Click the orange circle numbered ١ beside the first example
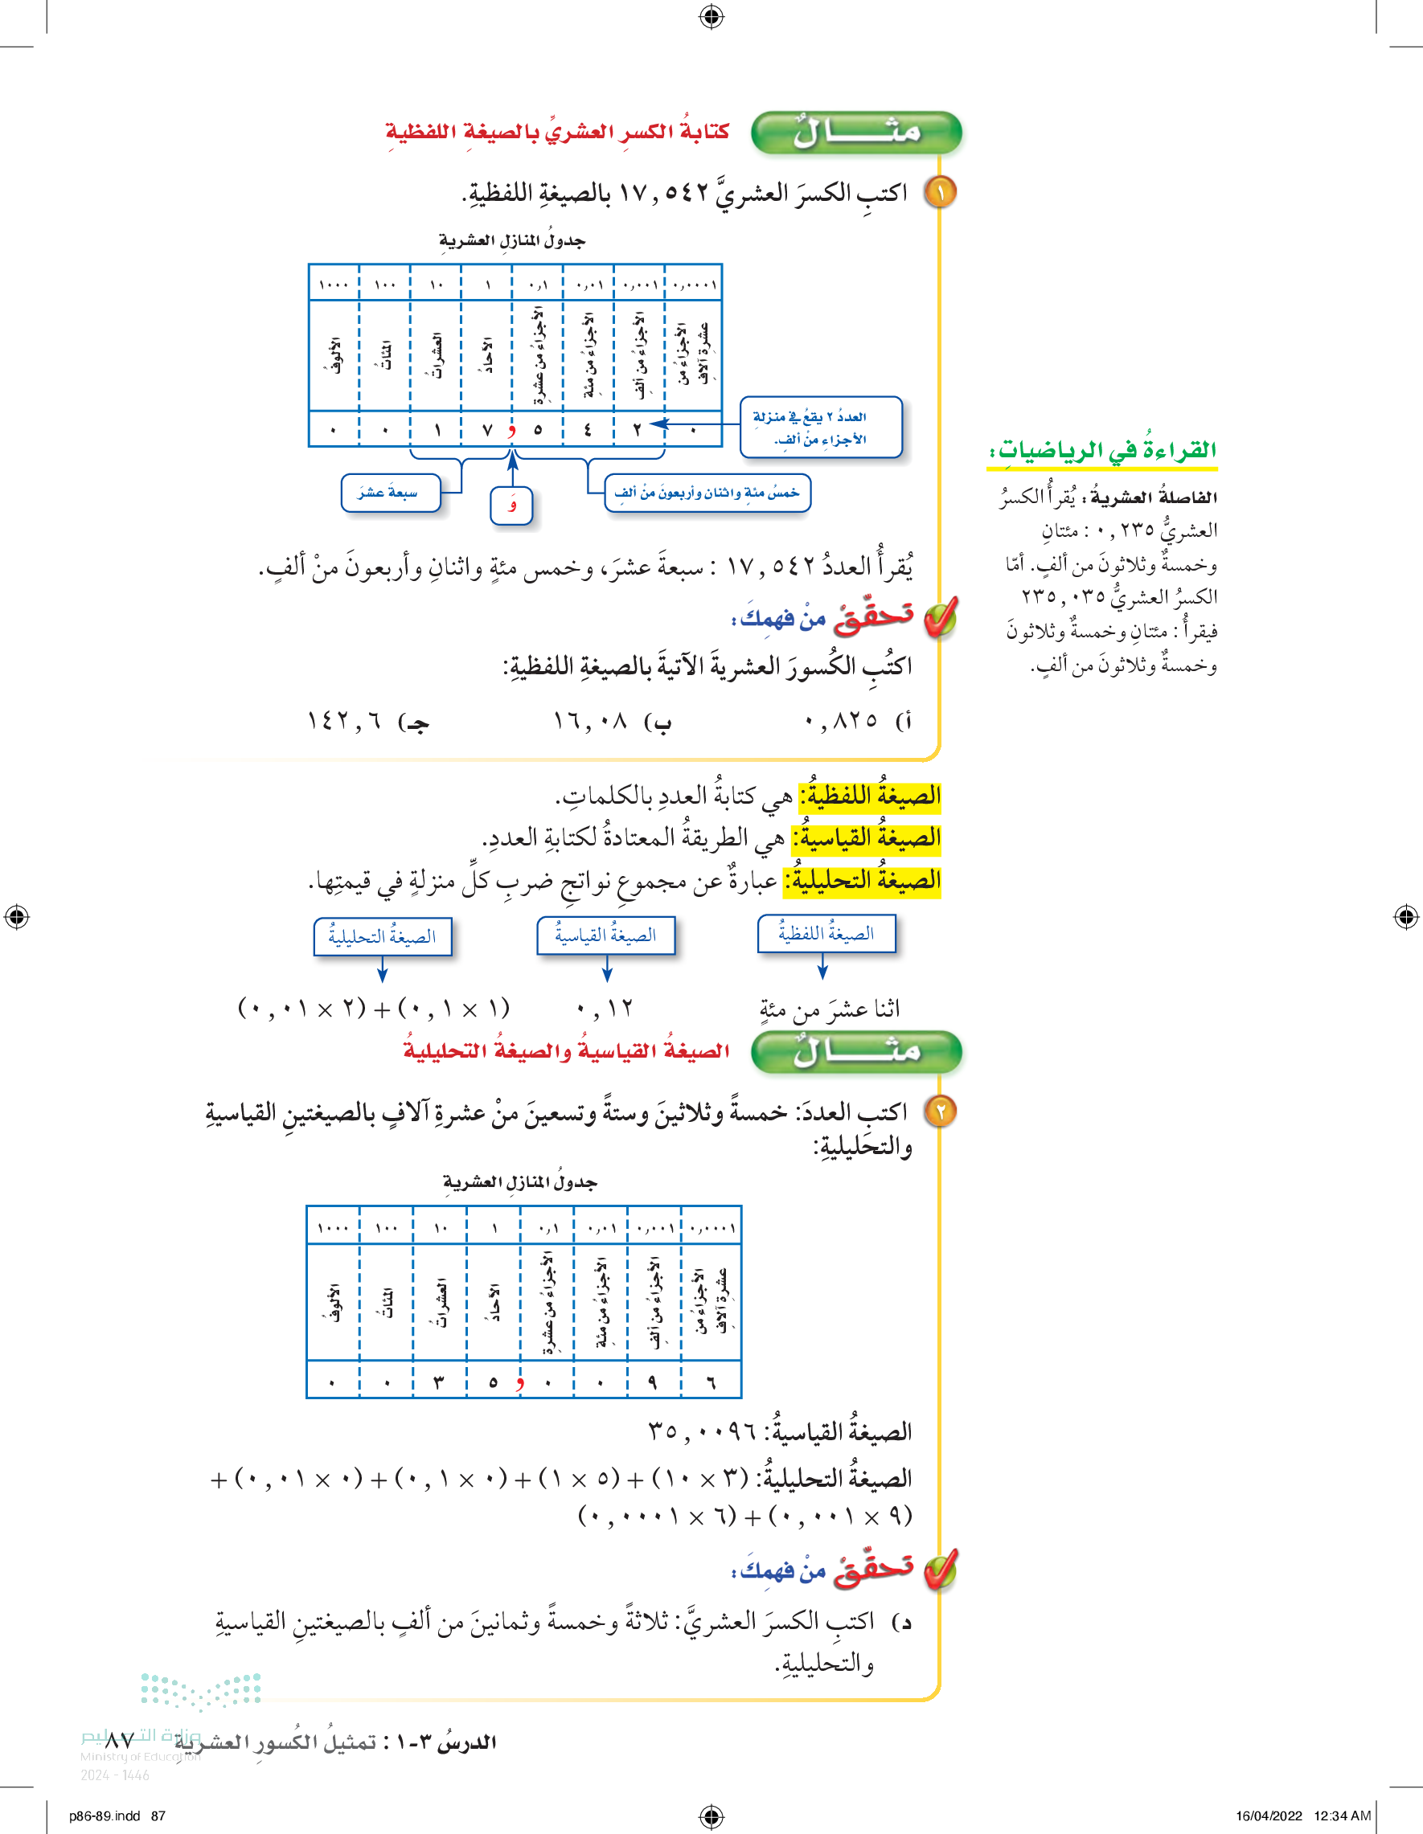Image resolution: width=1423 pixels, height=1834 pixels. (940, 192)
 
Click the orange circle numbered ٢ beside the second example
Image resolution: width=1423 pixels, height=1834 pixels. (940, 1111)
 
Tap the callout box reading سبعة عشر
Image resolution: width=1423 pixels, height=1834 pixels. (390, 493)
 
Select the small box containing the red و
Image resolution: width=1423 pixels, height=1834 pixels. (511, 506)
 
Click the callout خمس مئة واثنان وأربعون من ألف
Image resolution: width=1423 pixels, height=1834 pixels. (707, 493)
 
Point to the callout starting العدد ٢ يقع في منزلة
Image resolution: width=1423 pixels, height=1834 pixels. (820, 428)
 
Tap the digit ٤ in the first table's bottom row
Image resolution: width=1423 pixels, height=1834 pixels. (588, 430)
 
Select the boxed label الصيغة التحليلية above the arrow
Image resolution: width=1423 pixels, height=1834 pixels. (383, 936)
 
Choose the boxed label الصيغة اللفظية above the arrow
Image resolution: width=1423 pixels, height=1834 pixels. (826, 934)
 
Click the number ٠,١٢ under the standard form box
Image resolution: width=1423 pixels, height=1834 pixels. (605, 1008)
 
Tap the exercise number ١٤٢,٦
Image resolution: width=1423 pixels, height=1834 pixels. (344, 720)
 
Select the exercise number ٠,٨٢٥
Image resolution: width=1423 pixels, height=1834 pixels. (840, 720)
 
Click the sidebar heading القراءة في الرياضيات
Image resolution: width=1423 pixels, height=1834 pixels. (1104, 451)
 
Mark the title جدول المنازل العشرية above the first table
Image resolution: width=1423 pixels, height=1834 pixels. (511, 241)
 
